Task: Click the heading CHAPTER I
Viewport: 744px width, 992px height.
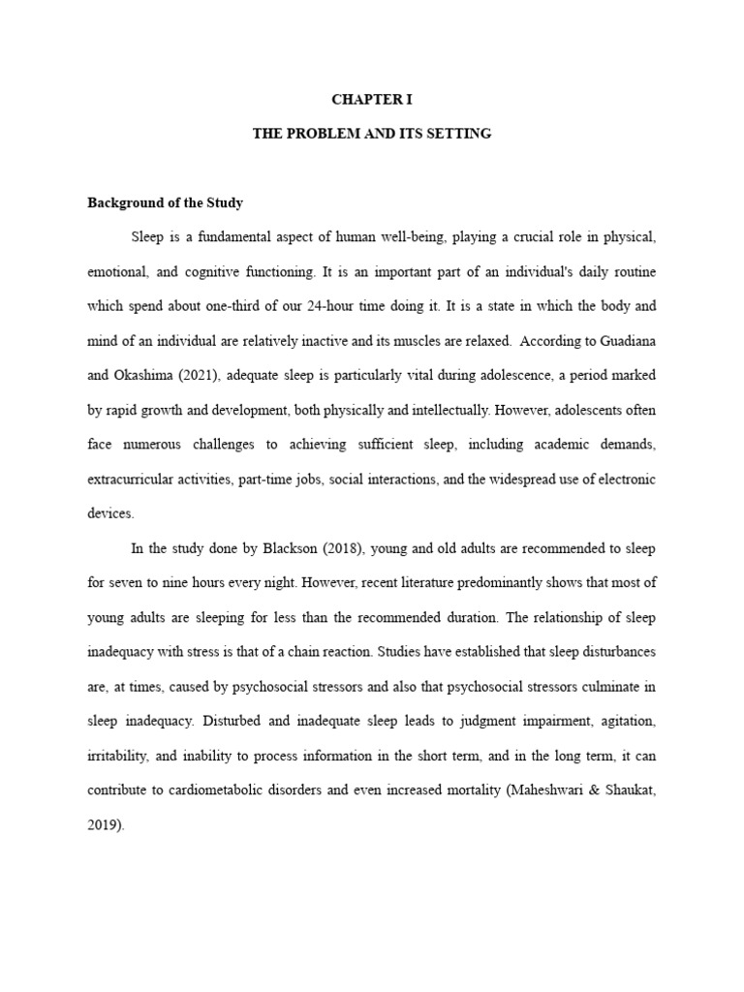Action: click(372, 99)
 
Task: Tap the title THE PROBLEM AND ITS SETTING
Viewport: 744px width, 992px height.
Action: click(372, 134)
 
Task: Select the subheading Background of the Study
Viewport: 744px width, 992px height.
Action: click(165, 203)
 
